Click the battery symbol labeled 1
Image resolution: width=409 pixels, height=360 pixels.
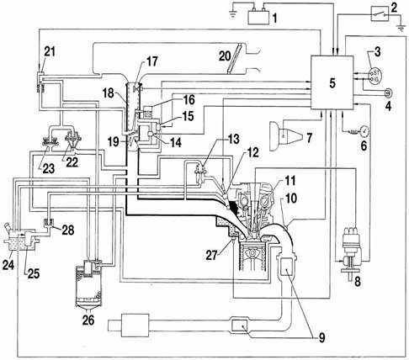click(x=258, y=16)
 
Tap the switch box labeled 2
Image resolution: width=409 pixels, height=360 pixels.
click(x=380, y=13)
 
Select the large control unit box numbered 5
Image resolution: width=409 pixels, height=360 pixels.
click(x=332, y=82)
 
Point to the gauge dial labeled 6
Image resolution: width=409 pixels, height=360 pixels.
click(x=364, y=130)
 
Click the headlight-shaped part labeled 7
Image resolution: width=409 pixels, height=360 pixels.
click(x=286, y=136)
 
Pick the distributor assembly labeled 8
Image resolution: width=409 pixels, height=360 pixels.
click(x=352, y=254)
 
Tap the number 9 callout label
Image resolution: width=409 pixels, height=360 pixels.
click(x=321, y=337)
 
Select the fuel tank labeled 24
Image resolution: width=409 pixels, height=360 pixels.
click(x=19, y=240)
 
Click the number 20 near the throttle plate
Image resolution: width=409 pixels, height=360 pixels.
click(x=225, y=56)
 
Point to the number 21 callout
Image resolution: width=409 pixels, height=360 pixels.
click(x=50, y=51)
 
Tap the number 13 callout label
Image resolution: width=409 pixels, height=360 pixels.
click(x=233, y=139)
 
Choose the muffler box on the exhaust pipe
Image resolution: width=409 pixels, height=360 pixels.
click(x=135, y=325)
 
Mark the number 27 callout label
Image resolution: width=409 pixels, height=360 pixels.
click(x=212, y=255)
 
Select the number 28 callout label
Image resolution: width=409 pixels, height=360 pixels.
click(x=67, y=230)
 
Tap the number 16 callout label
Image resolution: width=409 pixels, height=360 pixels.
click(x=189, y=99)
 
